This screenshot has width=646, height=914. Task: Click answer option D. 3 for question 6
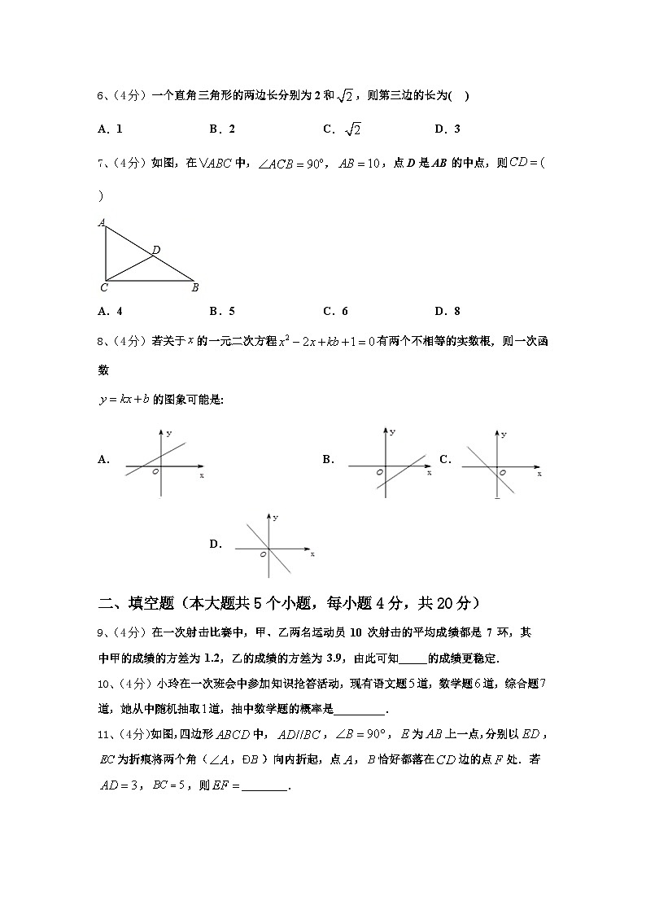coord(447,129)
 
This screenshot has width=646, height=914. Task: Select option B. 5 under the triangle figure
coord(222,311)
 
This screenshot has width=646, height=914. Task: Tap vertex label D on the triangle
coord(155,250)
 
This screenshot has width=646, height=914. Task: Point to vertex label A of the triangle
coord(102,222)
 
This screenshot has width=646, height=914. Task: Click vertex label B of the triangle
coord(194,287)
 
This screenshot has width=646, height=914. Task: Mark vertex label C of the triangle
coord(104,287)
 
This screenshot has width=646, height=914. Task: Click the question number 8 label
coord(101,342)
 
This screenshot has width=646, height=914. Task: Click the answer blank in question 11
coord(265,787)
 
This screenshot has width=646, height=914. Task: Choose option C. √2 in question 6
coord(342,129)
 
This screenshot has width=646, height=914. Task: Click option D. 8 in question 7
coord(447,311)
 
